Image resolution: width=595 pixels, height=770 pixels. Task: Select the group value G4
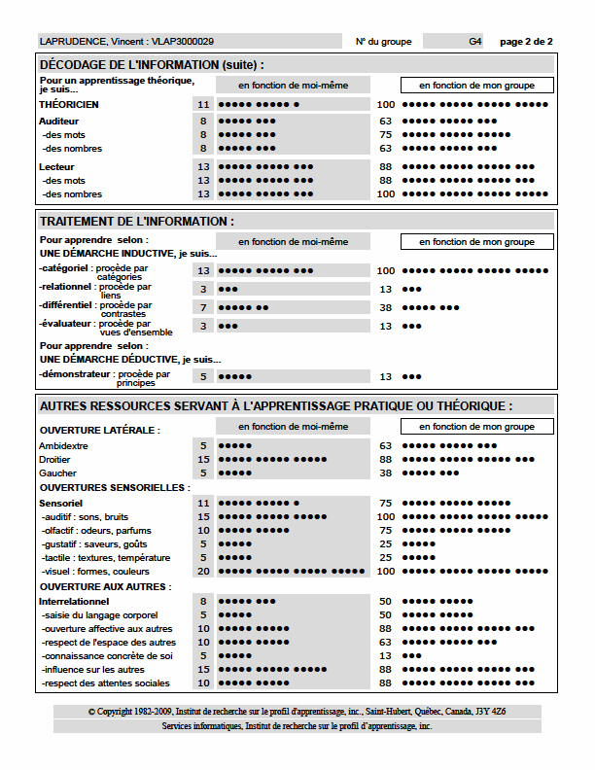point(474,42)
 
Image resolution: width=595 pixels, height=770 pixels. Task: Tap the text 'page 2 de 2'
point(526,42)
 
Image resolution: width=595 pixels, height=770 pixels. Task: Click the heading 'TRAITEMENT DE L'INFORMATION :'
point(136,222)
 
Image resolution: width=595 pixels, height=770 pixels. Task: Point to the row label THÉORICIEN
point(69,104)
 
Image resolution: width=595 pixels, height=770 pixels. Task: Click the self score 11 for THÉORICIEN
point(203,104)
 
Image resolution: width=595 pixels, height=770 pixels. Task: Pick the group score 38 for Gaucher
point(385,473)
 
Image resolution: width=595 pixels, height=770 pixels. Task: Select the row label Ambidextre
point(63,446)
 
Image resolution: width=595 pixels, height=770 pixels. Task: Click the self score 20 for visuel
point(203,572)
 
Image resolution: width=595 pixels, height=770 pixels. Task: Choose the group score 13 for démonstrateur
point(385,376)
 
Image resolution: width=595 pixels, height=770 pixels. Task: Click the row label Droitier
point(54,460)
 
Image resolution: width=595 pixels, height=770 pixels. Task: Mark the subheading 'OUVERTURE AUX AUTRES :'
point(104,586)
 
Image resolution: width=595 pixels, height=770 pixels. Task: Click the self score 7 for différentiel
point(203,307)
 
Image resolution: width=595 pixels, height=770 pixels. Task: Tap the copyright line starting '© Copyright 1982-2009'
point(297,712)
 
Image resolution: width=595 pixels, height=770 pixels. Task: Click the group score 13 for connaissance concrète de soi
point(385,656)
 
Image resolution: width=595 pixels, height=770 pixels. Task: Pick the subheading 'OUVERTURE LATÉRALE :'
point(99,430)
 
